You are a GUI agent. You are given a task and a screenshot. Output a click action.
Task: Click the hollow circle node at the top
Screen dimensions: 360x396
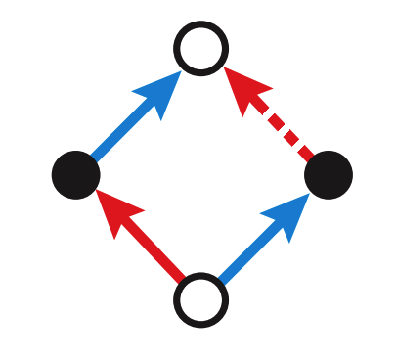[200, 47]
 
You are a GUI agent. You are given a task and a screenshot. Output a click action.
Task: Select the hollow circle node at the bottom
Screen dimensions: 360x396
[200, 299]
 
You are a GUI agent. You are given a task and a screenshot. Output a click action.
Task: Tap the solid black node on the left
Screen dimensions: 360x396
[75, 175]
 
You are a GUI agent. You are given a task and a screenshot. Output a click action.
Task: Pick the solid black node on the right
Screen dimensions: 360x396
[328, 175]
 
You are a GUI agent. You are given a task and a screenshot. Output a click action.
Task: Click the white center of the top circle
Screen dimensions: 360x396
[200, 47]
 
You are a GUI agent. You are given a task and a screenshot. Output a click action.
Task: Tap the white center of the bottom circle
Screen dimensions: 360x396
[200, 299]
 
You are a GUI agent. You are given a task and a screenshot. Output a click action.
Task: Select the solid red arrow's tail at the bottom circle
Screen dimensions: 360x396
[180, 277]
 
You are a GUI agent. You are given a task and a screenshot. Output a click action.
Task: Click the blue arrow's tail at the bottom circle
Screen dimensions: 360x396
[222, 278]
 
